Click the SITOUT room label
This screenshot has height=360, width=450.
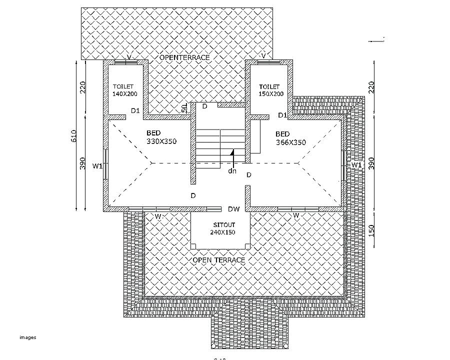tap(222, 225)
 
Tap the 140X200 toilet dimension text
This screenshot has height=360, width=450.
tap(124, 93)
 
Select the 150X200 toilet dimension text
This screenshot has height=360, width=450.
tap(271, 93)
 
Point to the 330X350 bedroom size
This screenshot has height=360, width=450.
tap(161, 141)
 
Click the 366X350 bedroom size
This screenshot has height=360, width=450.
tap(290, 142)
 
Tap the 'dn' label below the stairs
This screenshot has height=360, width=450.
tap(232, 170)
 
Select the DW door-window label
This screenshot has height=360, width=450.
tap(234, 209)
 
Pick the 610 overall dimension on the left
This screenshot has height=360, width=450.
tap(73, 136)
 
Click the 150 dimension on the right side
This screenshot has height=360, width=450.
tap(371, 231)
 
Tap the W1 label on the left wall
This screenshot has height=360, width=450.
tap(97, 165)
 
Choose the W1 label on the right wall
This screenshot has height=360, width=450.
tap(356, 164)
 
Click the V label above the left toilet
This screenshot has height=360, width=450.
tap(129, 57)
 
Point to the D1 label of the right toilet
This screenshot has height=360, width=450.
tap(282, 115)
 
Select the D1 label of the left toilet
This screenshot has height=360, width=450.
tap(135, 110)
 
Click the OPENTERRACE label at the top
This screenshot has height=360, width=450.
tap(184, 57)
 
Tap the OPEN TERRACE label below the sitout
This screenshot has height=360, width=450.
tap(219, 260)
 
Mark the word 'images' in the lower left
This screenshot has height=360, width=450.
tap(28, 337)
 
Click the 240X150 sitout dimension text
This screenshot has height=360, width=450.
tap(222, 232)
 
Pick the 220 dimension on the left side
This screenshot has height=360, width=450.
tap(83, 87)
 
